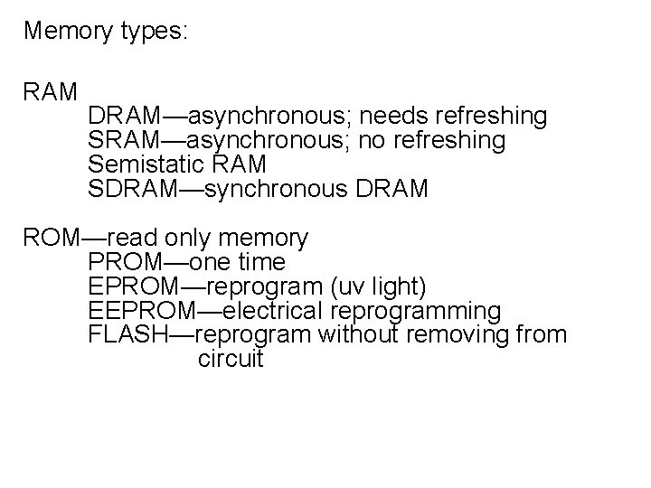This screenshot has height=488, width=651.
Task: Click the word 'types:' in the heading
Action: click(153, 32)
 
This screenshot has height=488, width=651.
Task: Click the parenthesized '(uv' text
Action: click(343, 287)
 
